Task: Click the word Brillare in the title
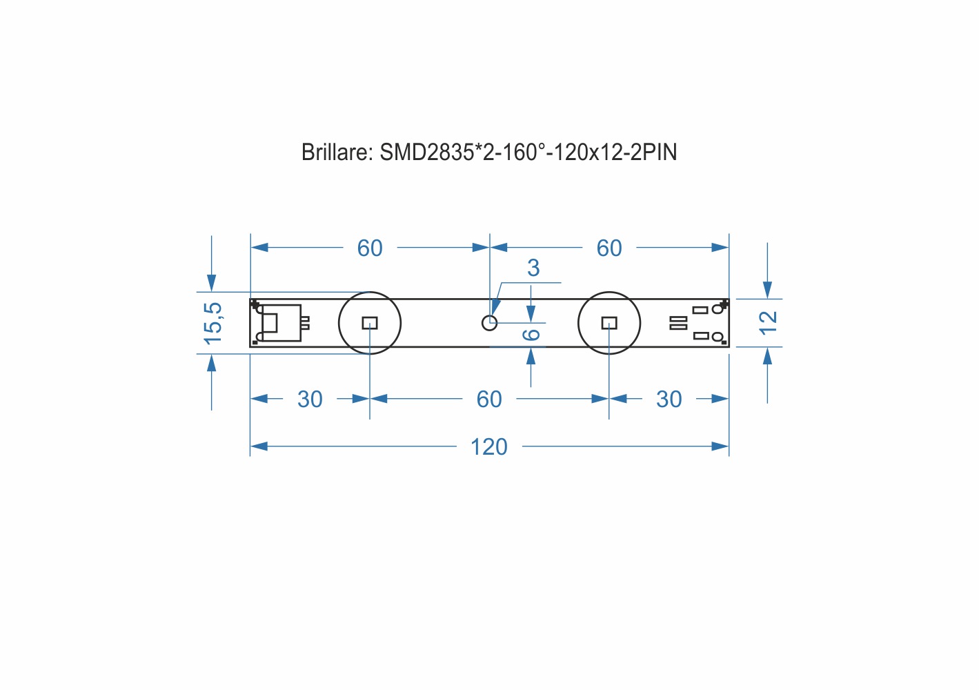(x=337, y=152)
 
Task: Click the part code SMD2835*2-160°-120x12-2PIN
(x=528, y=152)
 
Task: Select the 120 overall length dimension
(x=489, y=446)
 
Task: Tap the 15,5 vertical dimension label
(x=213, y=323)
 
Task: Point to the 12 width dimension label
(x=769, y=323)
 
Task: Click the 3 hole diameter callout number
(x=533, y=268)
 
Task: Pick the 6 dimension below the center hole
(x=531, y=335)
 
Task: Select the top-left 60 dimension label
(x=370, y=248)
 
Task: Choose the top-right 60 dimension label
(x=609, y=248)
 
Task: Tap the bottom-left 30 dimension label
(x=310, y=399)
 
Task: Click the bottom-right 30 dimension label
(x=669, y=399)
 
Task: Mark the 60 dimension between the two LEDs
(x=489, y=399)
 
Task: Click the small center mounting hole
(x=490, y=323)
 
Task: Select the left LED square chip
(x=370, y=323)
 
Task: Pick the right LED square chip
(x=609, y=323)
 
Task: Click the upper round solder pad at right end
(x=718, y=309)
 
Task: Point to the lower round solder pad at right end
(x=718, y=337)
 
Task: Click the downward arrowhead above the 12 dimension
(x=767, y=290)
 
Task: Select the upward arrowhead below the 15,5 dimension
(x=212, y=363)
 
